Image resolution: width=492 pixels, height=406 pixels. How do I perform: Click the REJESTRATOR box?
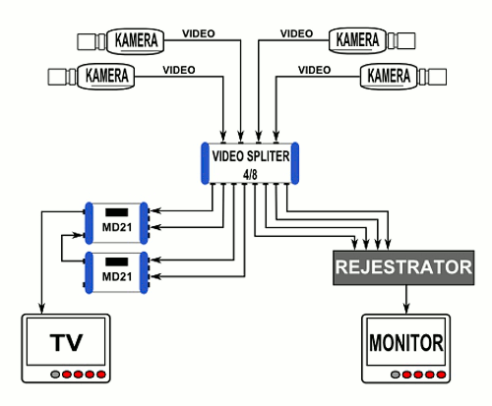pos(403,267)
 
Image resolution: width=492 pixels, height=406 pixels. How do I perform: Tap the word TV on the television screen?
pos(66,342)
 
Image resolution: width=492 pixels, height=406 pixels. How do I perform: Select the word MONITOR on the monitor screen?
pos(406,343)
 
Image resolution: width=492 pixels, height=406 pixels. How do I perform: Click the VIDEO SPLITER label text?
pos(251,156)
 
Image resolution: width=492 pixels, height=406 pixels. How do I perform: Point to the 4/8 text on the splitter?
pos(250,175)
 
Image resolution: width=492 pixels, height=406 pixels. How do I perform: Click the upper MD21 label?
pos(117,227)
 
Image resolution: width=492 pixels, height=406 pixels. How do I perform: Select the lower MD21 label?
pos(117,276)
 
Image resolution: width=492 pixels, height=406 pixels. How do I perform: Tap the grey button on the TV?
pos(55,375)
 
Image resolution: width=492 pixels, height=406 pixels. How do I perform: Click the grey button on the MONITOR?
pos(396,375)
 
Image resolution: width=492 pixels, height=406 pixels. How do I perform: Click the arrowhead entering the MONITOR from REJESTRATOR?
pos(406,309)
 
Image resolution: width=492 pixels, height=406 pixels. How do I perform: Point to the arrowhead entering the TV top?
pos(41,309)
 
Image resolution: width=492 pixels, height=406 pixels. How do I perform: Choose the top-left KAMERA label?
pos(136,40)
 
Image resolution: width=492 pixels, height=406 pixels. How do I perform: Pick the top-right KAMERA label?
pos(357,40)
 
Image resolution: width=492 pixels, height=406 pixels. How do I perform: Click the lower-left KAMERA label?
pos(106,76)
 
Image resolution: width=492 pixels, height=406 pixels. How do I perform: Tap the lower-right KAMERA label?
pos(389,76)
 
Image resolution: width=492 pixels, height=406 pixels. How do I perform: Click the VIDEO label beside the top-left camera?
pos(199,33)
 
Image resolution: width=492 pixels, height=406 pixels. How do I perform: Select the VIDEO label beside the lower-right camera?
pos(314,70)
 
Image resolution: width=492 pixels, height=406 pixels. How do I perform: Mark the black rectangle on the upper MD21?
pos(117,212)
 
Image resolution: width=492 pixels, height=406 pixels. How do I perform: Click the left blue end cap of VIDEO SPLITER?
pos(205,163)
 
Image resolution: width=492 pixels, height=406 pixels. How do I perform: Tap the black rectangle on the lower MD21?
pos(117,261)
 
